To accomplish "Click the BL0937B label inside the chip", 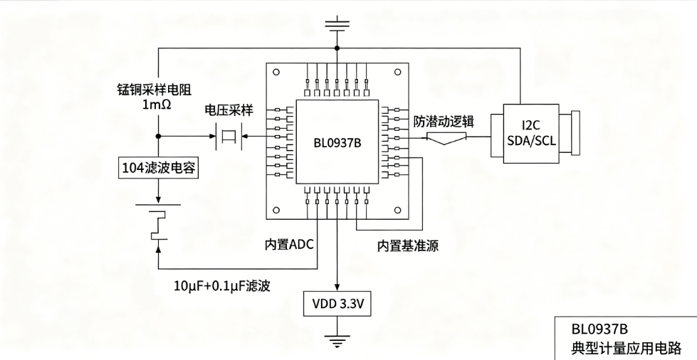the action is tap(337, 143).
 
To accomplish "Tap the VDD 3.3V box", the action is tap(337, 304).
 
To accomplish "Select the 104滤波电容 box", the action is tap(159, 168).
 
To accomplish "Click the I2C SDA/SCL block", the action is tap(531, 134).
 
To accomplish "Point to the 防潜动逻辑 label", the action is tap(444, 122).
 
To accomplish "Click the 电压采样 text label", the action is tap(229, 110).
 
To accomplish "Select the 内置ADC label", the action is tap(289, 244).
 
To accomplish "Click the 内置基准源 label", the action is tap(408, 245).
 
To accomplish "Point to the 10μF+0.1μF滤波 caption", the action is tap(222, 286).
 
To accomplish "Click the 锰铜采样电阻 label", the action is tap(154, 90).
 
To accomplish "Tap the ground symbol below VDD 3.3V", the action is tap(337, 341).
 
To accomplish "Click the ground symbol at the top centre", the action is tap(337, 23).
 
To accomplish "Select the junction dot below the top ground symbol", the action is tap(337, 48).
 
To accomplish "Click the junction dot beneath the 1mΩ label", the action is tap(158, 136).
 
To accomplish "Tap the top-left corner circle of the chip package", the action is tap(276, 72).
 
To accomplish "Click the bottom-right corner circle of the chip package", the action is tap(398, 210).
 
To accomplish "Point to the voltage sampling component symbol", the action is tap(229, 136).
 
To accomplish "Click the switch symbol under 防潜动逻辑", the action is tap(446, 139).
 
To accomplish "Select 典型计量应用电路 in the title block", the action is tap(627, 348).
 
